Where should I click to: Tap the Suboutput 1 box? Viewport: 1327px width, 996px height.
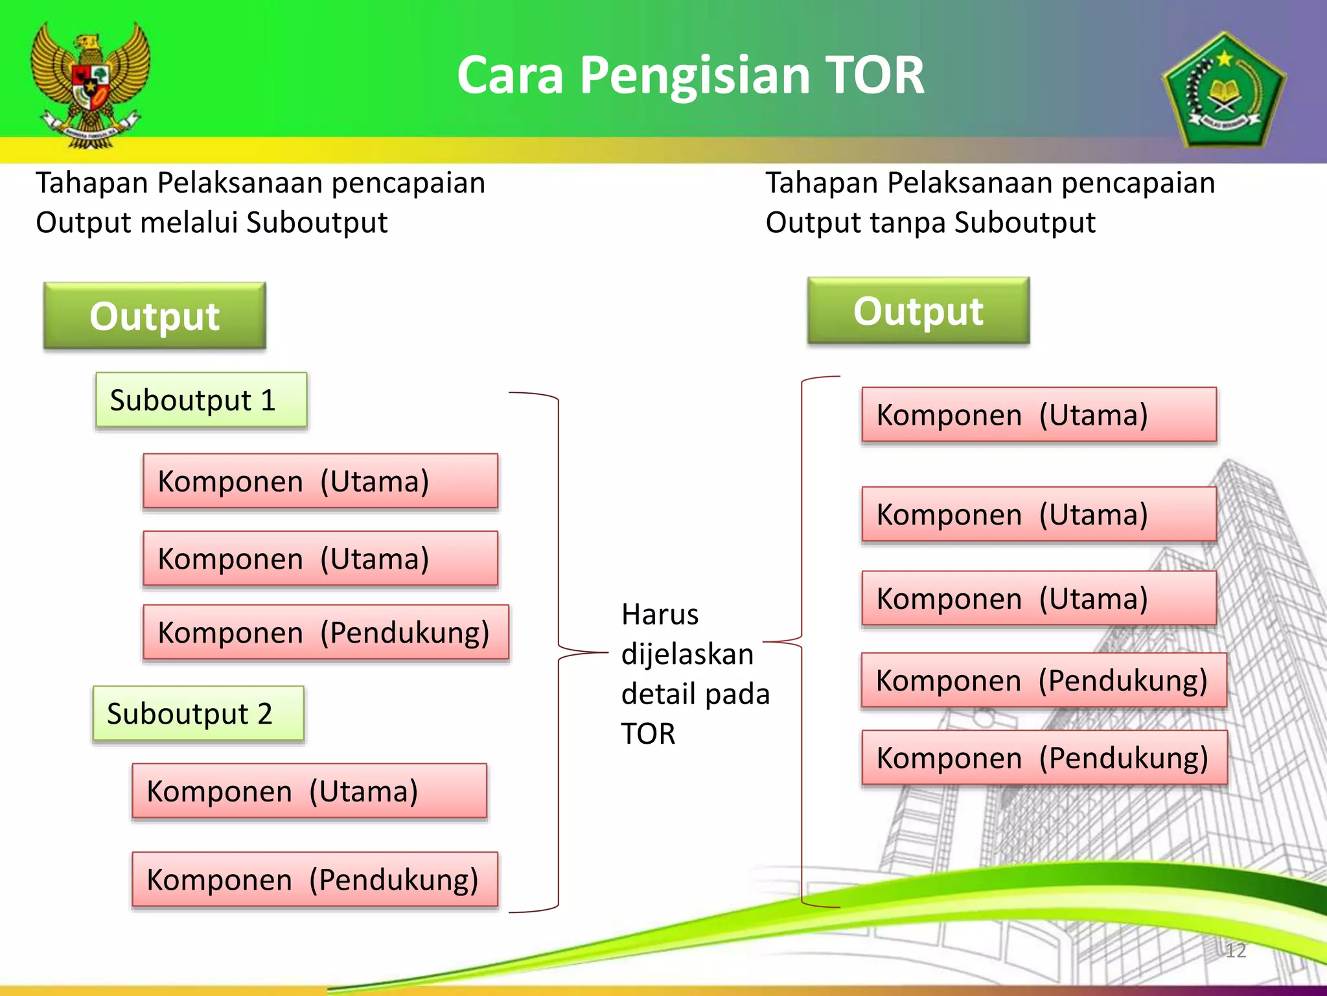tap(201, 400)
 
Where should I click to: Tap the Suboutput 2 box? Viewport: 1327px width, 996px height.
tap(198, 713)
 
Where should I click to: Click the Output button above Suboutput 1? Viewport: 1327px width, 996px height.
tap(155, 316)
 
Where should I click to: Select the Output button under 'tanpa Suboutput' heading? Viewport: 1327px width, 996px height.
tap(918, 311)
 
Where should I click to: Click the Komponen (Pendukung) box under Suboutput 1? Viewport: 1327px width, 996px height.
tap(325, 632)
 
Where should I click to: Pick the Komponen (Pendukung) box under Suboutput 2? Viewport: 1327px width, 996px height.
tap(315, 879)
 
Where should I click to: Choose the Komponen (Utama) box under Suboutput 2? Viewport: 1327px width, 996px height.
tap(309, 791)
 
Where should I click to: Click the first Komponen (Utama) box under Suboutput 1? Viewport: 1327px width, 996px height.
tap(320, 481)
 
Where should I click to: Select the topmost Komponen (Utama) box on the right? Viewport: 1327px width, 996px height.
tap(1039, 415)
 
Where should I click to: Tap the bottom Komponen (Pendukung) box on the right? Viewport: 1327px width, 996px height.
tap(1044, 758)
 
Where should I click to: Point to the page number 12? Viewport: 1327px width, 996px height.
tap(1236, 951)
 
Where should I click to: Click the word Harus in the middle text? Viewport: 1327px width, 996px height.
tap(660, 614)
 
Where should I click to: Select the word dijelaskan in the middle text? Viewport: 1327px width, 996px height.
tap(687, 654)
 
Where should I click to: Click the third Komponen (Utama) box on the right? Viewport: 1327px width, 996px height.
tap(1039, 599)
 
